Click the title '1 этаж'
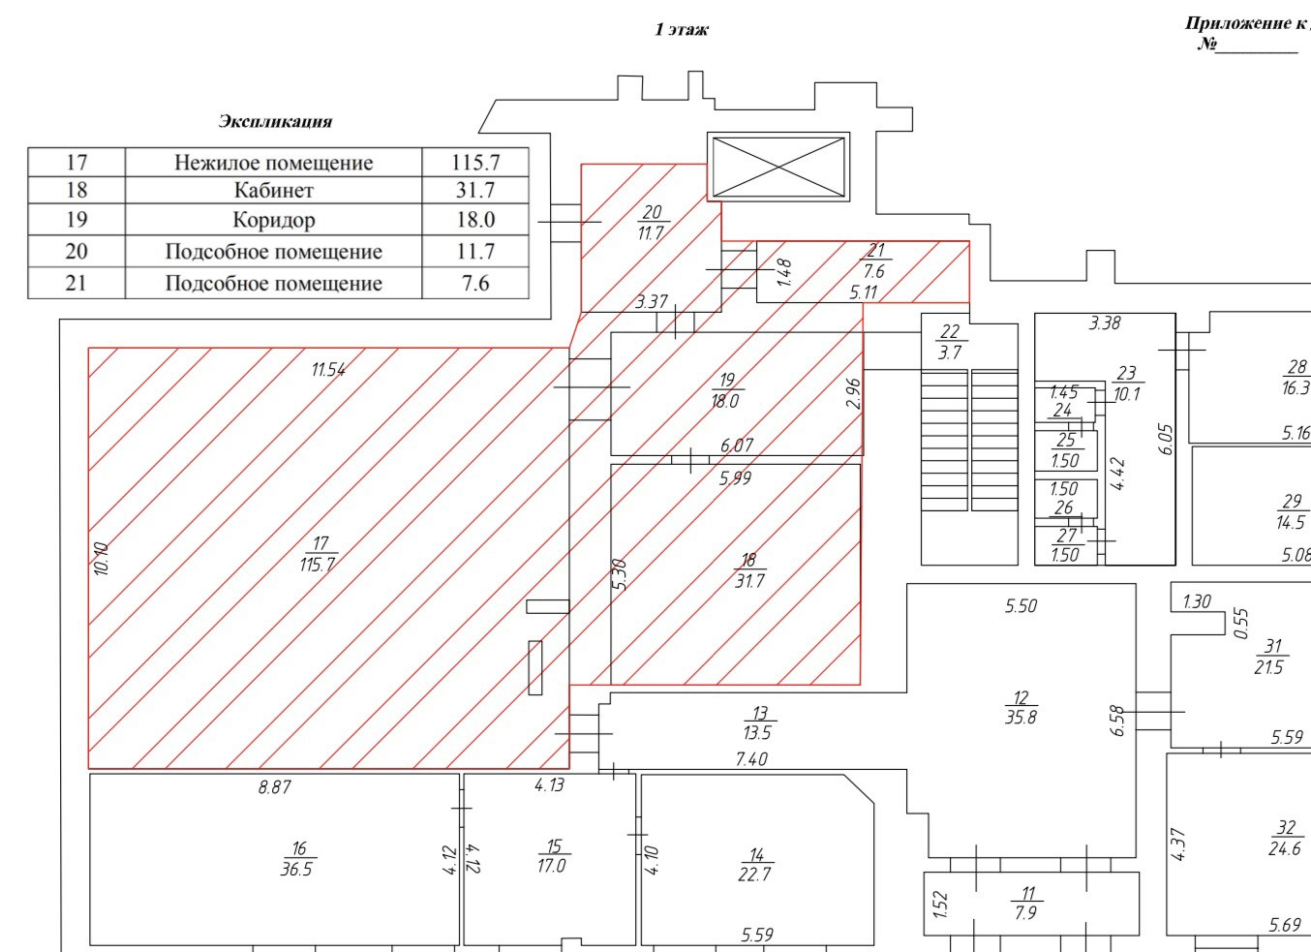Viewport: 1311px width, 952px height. pyautogui.click(x=682, y=29)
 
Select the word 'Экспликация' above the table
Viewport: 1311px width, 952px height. pyautogui.click(x=275, y=121)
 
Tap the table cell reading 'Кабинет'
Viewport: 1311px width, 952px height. pyautogui.click(x=274, y=190)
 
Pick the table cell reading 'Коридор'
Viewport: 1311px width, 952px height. pyautogui.click(x=274, y=220)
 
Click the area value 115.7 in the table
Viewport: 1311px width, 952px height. pyautogui.click(x=475, y=162)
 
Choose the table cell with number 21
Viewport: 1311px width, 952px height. pyautogui.click(x=76, y=283)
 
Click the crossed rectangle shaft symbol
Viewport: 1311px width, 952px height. pyautogui.click(x=778, y=167)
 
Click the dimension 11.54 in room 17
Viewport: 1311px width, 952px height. pyautogui.click(x=328, y=369)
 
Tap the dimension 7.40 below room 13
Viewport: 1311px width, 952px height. pyautogui.click(x=751, y=759)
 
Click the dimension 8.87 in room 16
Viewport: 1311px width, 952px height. pyautogui.click(x=274, y=787)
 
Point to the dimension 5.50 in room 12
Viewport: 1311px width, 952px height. pyautogui.click(x=1021, y=606)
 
